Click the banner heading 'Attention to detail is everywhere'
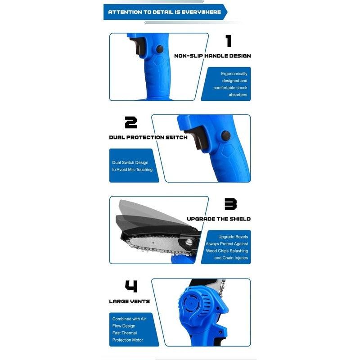tap(164, 12)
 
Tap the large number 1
tap(229, 41)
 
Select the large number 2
tap(131, 122)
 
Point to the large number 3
tap(230, 204)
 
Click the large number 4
tap(131, 286)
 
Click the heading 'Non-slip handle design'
tap(212, 56)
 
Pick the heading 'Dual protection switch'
tap(148, 137)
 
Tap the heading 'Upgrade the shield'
tap(219, 219)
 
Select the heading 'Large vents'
tap(130, 301)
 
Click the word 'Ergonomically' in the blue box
tap(234, 74)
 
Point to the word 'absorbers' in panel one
tap(238, 94)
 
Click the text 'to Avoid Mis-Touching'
tap(132, 170)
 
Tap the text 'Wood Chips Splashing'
tap(227, 251)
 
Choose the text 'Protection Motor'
tap(128, 340)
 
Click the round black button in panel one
tap(160, 49)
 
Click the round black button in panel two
tap(226, 136)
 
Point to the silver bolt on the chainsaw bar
tap(189, 242)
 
